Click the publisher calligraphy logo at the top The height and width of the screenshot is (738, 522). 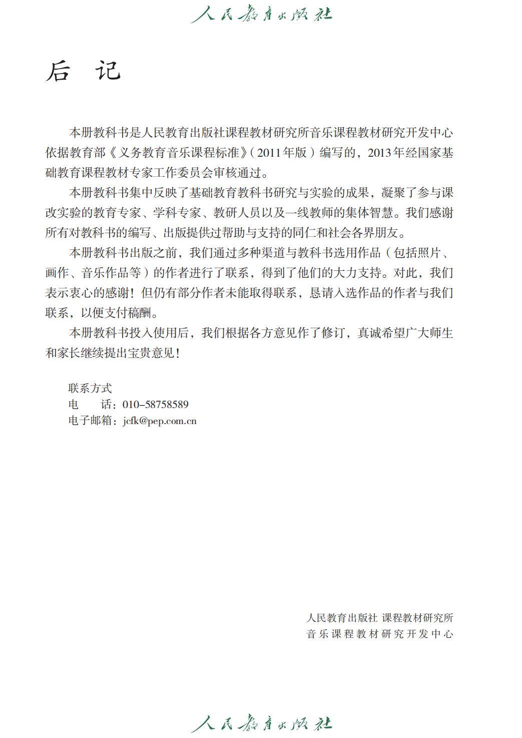pyautogui.click(x=261, y=14)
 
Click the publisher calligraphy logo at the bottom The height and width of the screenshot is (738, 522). pyautogui.click(x=261, y=723)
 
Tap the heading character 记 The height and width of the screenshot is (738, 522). pyautogui.click(x=108, y=71)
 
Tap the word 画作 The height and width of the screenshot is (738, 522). pyautogui.click(x=57, y=273)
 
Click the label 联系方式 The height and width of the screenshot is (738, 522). pyautogui.click(x=90, y=388)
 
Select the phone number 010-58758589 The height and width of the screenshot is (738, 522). pyautogui.click(x=155, y=405)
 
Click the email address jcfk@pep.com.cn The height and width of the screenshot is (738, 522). pyautogui.click(x=160, y=421)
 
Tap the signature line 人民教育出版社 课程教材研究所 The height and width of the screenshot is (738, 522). pyautogui.click(x=380, y=618)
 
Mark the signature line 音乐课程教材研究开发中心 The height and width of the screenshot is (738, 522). pyautogui.click(x=380, y=634)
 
